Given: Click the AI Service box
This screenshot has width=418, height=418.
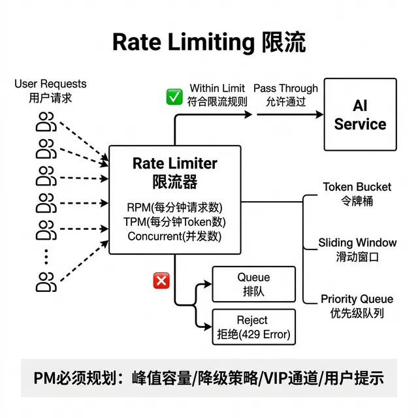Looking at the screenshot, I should (x=360, y=115).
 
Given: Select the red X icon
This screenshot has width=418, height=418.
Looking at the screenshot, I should (x=161, y=281).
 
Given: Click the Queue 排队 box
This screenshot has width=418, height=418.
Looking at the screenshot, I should (x=253, y=284).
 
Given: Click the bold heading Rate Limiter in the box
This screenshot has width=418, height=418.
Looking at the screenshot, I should (x=174, y=163).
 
